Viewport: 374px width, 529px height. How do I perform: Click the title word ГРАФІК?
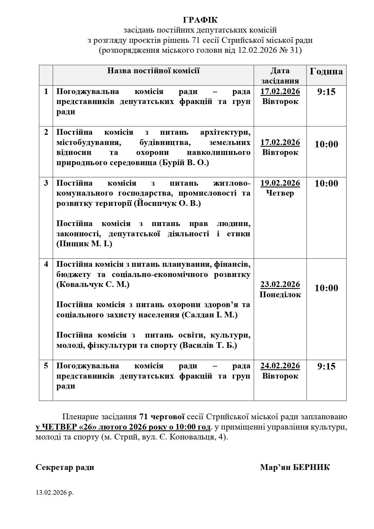click(x=200, y=20)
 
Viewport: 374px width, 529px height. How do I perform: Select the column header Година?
click(x=326, y=71)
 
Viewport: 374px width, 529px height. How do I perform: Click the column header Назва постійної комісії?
click(x=153, y=71)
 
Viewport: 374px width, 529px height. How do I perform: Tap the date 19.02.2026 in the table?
click(x=280, y=183)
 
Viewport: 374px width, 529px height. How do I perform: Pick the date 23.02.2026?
click(x=280, y=284)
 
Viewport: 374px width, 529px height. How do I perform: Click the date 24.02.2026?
click(x=280, y=366)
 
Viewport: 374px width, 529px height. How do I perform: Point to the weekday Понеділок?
click(x=280, y=294)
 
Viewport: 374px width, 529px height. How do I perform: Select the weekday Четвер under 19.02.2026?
click(x=280, y=193)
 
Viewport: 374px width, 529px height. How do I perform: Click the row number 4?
click(x=46, y=264)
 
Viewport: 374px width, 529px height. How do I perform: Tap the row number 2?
click(x=46, y=132)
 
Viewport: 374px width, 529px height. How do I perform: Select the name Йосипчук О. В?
click(x=167, y=203)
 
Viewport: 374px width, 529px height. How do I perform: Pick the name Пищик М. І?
click(x=84, y=244)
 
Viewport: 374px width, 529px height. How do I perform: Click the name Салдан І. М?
click(x=209, y=315)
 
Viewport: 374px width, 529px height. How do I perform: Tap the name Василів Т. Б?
click(x=208, y=345)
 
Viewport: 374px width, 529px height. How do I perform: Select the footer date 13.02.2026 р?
click(x=55, y=493)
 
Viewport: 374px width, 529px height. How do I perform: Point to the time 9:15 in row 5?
click(x=326, y=366)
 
